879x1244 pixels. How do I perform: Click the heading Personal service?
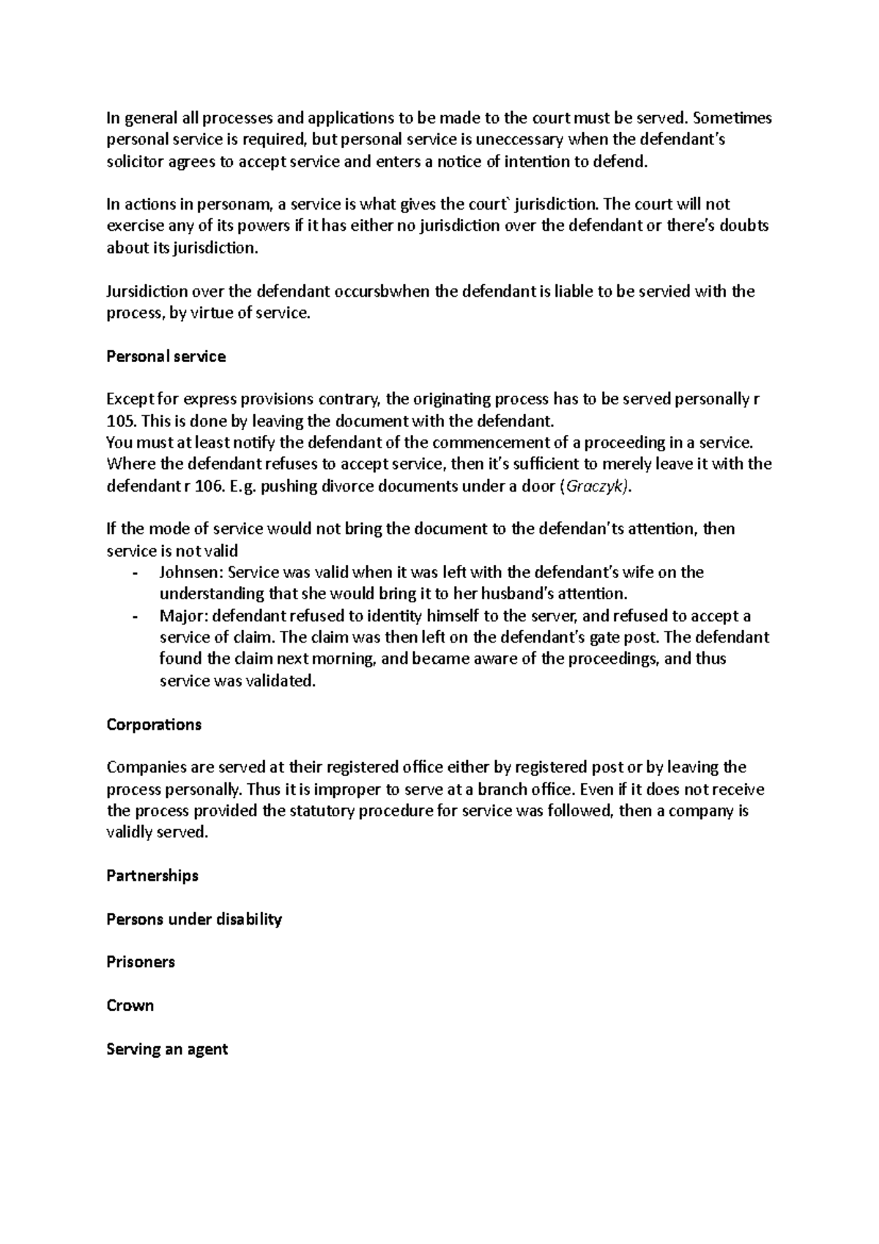click(x=166, y=357)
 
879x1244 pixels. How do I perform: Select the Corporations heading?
click(x=154, y=725)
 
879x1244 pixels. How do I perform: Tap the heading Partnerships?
click(x=152, y=875)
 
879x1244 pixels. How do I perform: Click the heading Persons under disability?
click(x=194, y=919)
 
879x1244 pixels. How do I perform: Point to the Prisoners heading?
click(x=141, y=962)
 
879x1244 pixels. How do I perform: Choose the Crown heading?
click(x=130, y=1005)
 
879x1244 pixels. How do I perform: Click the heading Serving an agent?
click(x=167, y=1049)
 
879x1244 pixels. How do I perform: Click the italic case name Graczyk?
click(x=593, y=486)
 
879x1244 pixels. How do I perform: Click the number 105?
click(x=120, y=422)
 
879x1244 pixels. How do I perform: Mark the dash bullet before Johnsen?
click(x=136, y=573)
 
